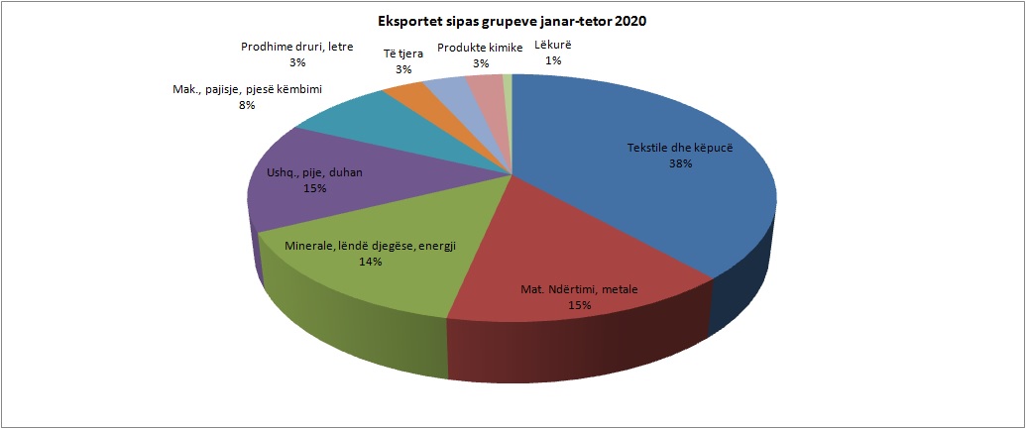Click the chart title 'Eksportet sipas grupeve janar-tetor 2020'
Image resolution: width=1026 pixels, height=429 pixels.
click(513, 21)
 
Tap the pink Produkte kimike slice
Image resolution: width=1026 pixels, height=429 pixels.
click(485, 87)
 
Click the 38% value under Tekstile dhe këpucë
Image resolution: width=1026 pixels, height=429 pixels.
click(680, 164)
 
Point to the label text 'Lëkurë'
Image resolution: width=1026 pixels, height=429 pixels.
click(553, 46)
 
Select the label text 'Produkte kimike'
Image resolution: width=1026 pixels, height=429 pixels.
click(481, 48)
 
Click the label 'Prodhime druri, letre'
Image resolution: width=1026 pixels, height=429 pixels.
click(296, 46)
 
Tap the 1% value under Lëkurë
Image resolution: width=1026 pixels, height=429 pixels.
click(554, 60)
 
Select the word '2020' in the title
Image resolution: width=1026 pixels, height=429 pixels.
click(630, 21)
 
